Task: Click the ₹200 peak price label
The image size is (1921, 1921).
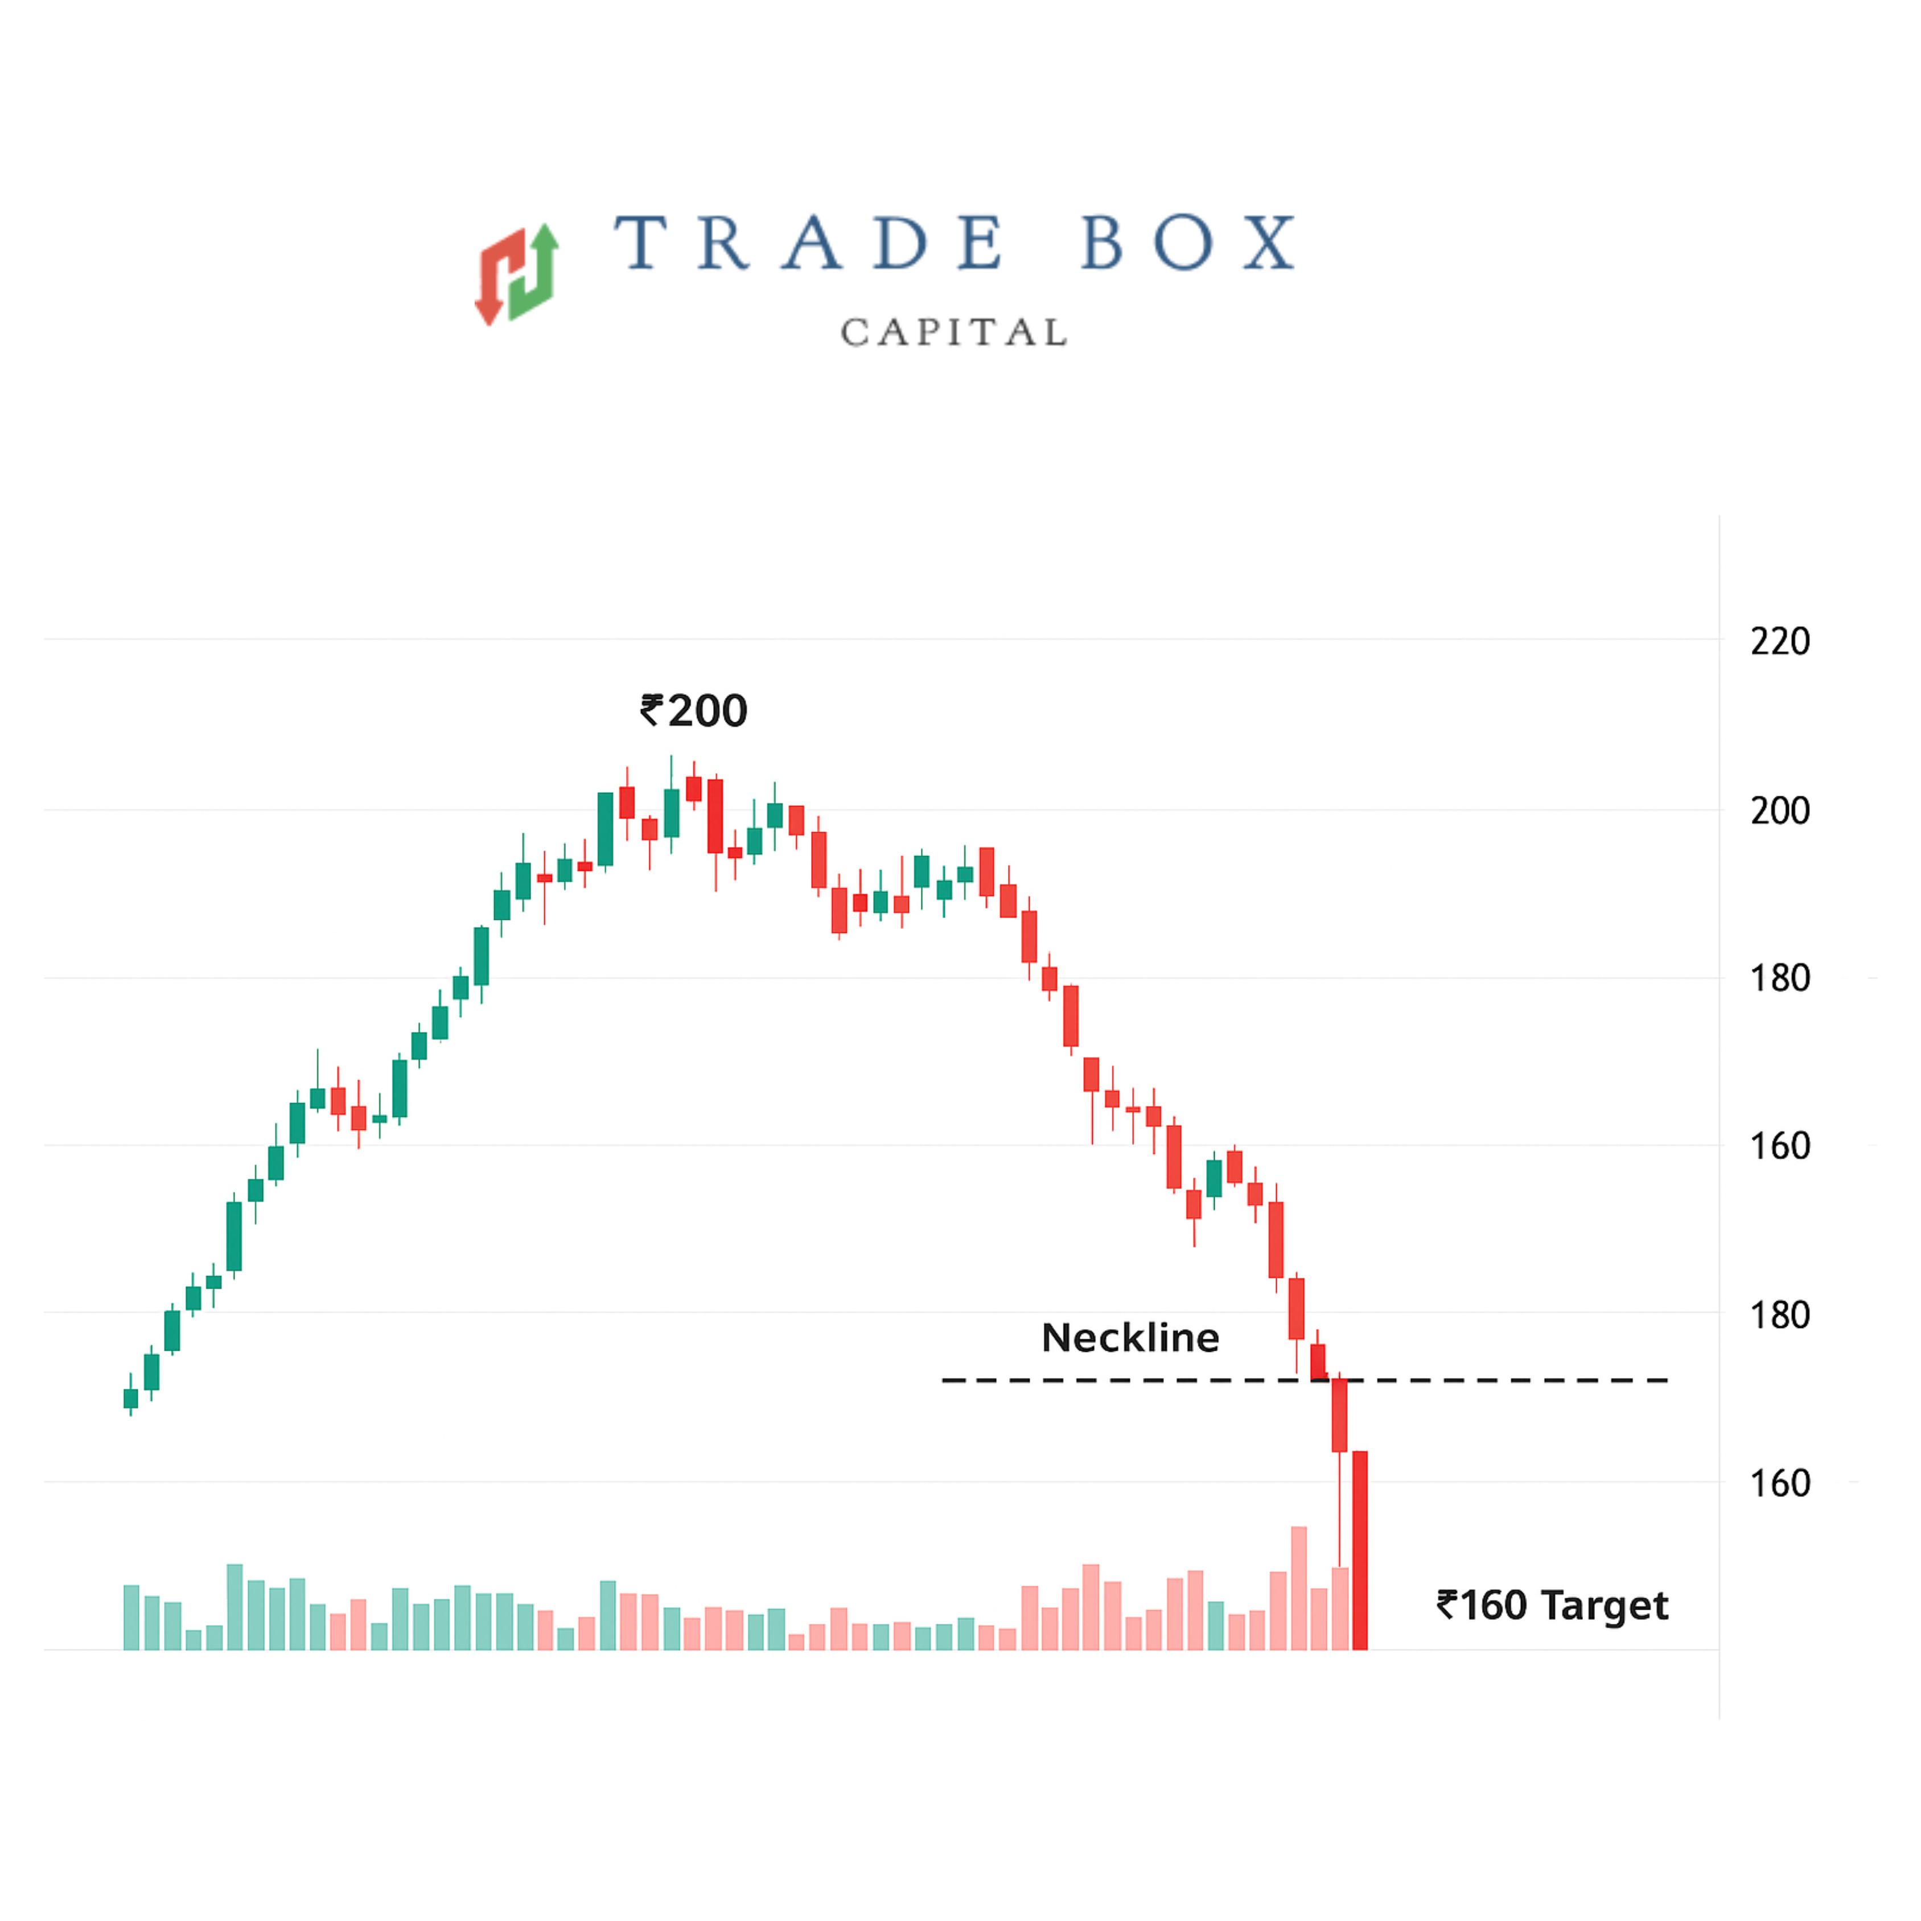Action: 694,711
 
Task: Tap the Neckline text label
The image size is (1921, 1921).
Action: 1129,1338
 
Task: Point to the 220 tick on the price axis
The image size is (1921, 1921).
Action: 1780,641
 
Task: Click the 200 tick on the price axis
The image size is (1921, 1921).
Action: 1780,811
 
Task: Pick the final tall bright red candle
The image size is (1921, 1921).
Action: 1359,1551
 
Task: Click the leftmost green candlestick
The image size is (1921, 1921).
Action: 130,1398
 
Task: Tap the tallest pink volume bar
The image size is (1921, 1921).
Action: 1298,1589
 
